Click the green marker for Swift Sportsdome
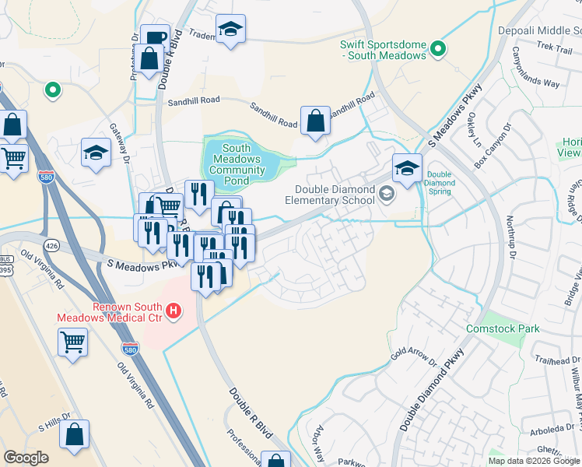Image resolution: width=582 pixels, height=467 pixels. point(438,50)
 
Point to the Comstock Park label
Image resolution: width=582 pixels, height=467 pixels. point(503,328)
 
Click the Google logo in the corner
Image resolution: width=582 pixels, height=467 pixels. point(26,458)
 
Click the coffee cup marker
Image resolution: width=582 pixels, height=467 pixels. point(156,37)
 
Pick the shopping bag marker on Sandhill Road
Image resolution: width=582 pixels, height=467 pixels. point(314,121)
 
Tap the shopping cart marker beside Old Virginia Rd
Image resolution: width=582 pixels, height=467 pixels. point(72,342)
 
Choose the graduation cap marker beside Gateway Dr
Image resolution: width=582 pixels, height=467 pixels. point(96,152)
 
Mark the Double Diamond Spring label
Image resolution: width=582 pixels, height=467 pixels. point(440,184)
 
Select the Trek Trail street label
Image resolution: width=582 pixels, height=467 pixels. point(554,48)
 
